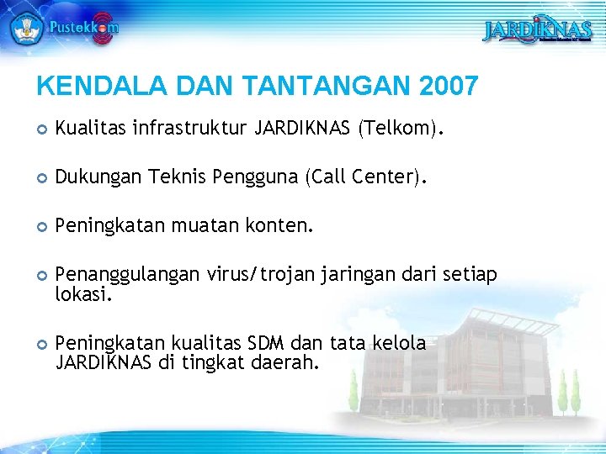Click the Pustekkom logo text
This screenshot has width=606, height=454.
coord(83,27)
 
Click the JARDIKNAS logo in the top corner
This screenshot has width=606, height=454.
coord(537,31)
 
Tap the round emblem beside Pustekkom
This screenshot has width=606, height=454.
coord(26,27)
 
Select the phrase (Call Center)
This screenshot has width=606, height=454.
coord(365,177)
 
